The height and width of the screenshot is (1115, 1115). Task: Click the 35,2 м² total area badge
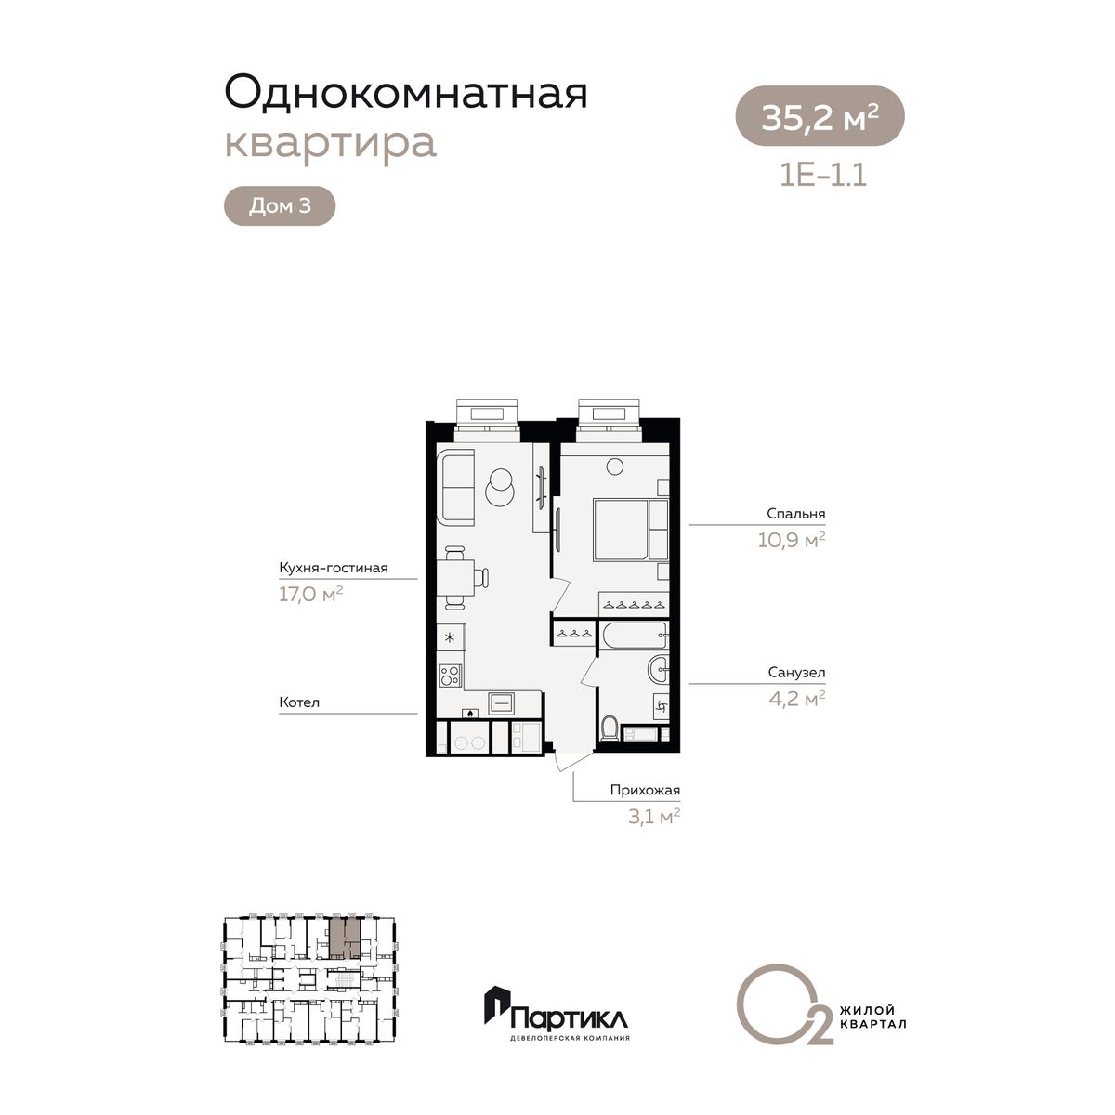[820, 116]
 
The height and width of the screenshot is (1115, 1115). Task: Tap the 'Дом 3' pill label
[280, 205]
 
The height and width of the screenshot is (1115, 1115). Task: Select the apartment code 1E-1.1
[823, 176]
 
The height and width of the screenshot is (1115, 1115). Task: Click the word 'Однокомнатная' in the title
[406, 93]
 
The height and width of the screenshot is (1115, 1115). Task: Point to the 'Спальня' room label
[795, 513]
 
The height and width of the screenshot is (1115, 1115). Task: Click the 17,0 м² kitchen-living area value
[311, 595]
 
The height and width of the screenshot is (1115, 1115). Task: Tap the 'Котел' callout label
[299, 702]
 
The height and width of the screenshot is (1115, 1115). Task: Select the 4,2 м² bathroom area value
[796, 699]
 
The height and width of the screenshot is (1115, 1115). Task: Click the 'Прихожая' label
[645, 791]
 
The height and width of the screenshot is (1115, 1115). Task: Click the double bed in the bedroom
[631, 530]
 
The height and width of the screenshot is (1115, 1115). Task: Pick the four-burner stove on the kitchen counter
[450, 676]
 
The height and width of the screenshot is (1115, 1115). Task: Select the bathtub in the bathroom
[635, 636]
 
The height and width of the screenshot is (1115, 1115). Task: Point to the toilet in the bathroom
[610, 728]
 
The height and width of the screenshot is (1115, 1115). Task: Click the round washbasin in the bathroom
[659, 669]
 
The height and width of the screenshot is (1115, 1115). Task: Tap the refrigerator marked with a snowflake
[451, 638]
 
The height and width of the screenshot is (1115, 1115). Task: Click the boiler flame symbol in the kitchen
[470, 714]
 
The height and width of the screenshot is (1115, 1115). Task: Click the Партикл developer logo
[557, 1017]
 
